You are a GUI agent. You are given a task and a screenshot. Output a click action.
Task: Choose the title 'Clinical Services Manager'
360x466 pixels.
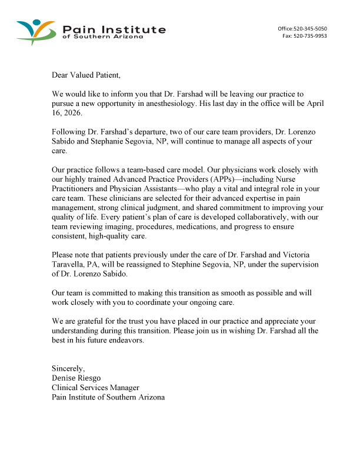tap(95, 388)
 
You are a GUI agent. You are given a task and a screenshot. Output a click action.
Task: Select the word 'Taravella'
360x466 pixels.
tap(70, 264)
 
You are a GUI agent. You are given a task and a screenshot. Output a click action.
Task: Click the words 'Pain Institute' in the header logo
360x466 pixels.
tap(114, 29)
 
